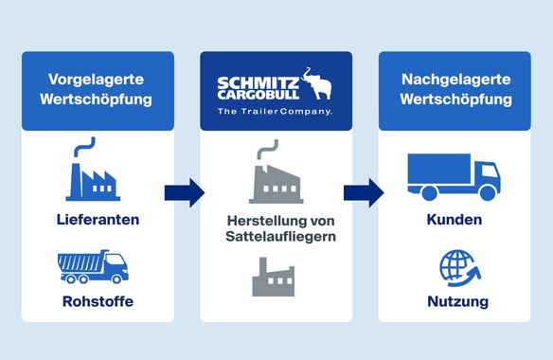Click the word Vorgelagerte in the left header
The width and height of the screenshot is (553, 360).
[x=96, y=80]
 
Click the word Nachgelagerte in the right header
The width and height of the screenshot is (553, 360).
[x=456, y=80]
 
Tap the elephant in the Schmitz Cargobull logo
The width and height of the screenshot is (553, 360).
[x=316, y=83]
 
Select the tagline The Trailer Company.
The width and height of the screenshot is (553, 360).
[x=276, y=112]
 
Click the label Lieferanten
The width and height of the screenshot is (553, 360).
[x=98, y=220]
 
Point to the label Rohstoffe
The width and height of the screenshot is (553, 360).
[x=98, y=301]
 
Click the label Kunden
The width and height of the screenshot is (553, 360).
[x=455, y=220]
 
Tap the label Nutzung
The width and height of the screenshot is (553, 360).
[x=457, y=301]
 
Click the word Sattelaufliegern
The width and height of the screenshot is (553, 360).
[x=280, y=237]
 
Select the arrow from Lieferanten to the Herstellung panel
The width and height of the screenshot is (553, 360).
[x=185, y=192]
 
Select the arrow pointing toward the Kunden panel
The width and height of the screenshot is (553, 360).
[x=364, y=192]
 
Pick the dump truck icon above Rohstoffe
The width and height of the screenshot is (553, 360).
[x=93, y=267]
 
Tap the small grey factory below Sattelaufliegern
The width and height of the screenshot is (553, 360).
[x=274, y=277]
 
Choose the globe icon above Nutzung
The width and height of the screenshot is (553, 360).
[x=460, y=268]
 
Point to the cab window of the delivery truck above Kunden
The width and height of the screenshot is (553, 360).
[x=491, y=171]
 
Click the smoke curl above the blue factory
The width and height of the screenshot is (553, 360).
[x=84, y=147]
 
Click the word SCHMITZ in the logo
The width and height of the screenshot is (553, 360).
[x=259, y=84]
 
